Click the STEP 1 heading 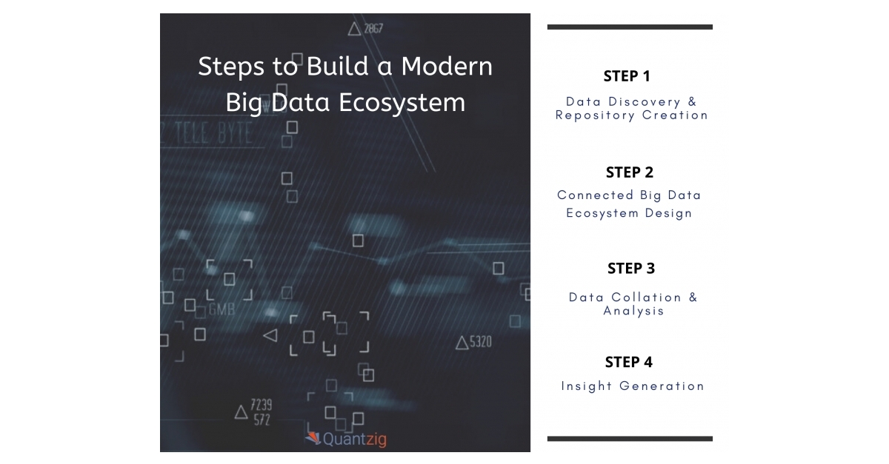tap(627, 76)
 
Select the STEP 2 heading tap(630, 172)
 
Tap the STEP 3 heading tap(631, 268)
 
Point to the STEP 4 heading tap(629, 362)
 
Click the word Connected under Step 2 tap(596, 195)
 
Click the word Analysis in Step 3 tap(633, 311)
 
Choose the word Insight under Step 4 tap(587, 386)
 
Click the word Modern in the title tap(447, 67)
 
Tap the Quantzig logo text tap(355, 440)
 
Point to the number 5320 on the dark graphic tap(480, 342)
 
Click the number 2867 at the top tap(373, 29)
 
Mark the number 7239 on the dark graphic tap(261, 405)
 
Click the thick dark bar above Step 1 tap(630, 27)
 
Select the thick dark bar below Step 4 tap(630, 439)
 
